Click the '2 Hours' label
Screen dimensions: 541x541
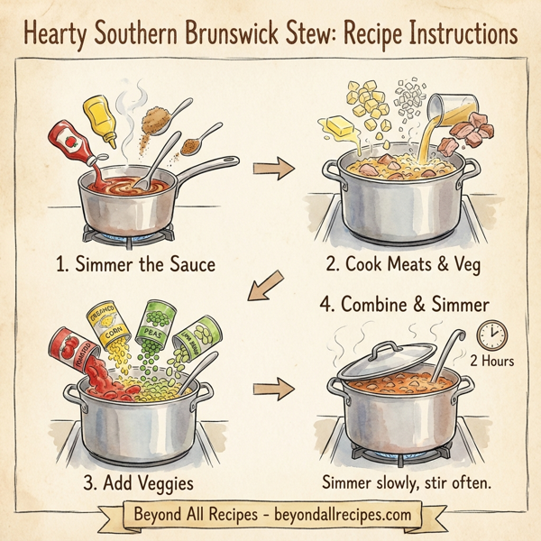tap(491, 362)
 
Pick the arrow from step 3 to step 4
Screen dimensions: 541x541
tap(274, 390)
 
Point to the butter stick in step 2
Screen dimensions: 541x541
tap(342, 127)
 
